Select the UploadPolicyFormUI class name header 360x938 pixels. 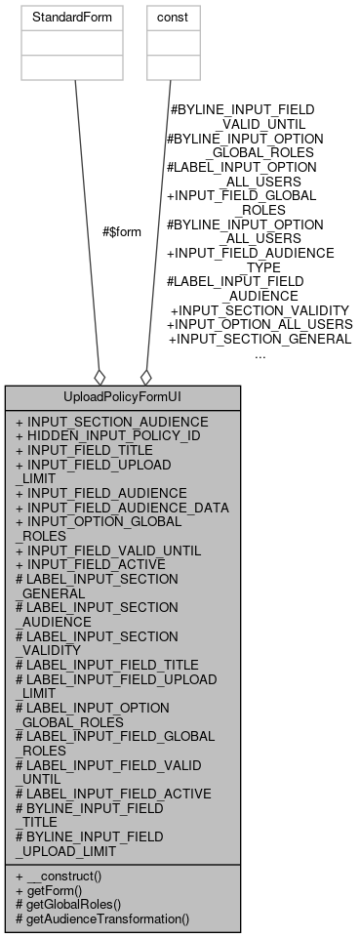point(122,397)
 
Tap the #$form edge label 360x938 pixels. point(121,232)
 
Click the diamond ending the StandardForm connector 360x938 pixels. point(99,377)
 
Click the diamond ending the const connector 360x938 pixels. point(146,377)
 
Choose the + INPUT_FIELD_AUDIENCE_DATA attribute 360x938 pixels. point(122,508)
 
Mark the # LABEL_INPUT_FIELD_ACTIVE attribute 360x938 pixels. point(113,793)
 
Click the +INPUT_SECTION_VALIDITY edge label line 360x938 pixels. point(259,309)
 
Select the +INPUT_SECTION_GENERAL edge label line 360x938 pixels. point(260,339)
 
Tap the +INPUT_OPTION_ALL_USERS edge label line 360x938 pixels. point(260,324)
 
